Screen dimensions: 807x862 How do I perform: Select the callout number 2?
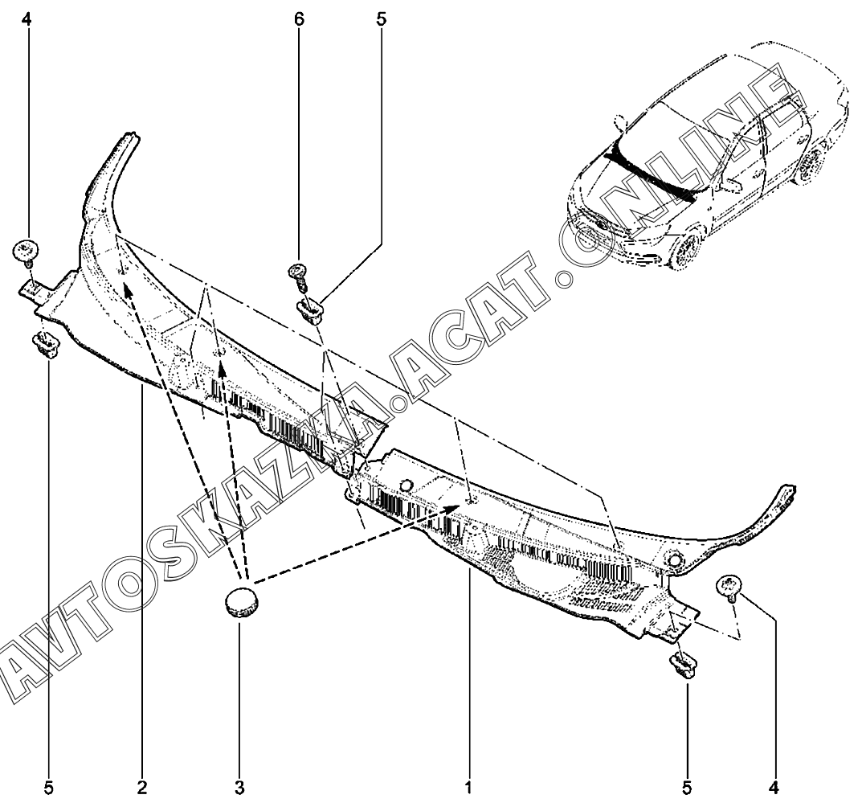[142, 786]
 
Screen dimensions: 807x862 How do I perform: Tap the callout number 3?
[239, 786]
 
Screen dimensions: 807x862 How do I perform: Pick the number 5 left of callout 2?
[49, 786]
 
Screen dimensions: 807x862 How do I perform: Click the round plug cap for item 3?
[239, 601]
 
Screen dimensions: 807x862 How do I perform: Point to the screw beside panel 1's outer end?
[733, 588]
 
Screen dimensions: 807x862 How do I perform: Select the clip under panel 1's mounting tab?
[683, 666]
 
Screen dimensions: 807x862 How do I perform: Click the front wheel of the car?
[684, 252]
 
